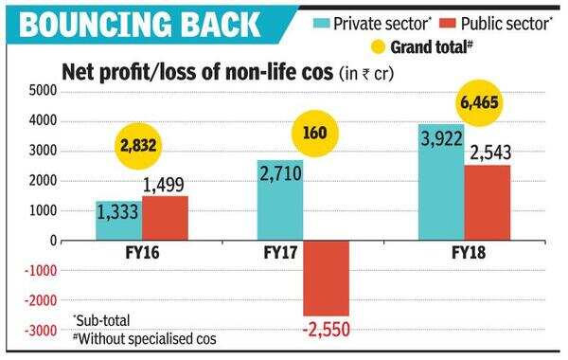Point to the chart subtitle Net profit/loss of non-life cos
pyautogui.click(x=193, y=71)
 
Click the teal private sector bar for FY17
pyautogui.click(x=279, y=200)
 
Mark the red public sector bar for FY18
pyautogui.click(x=488, y=203)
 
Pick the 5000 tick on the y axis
pyautogui.click(x=42, y=91)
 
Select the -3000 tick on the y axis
pyautogui.click(x=39, y=332)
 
